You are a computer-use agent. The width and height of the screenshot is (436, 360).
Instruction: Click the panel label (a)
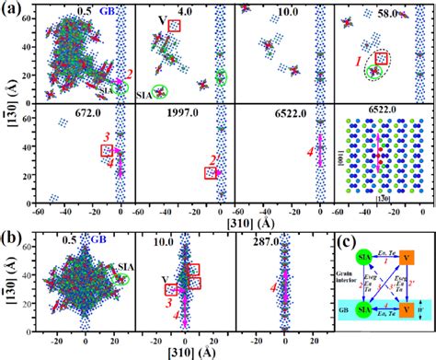tap(9, 8)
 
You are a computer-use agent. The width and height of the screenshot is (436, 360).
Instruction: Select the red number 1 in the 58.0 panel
tap(360, 60)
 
